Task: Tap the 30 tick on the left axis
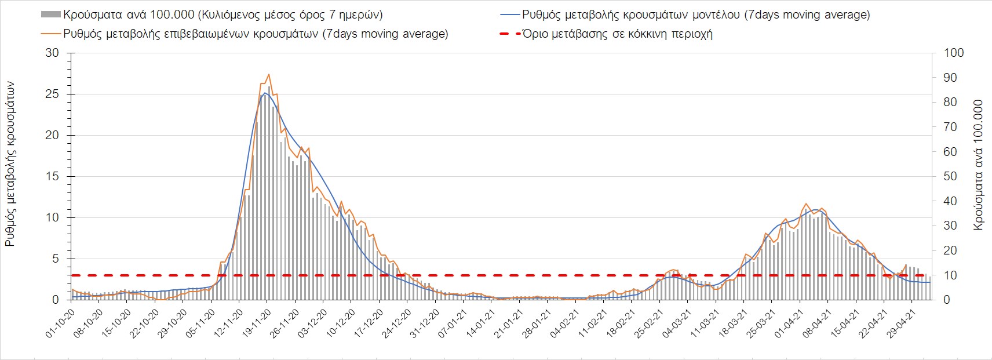53,53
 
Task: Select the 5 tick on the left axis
56,259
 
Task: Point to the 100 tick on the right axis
954,53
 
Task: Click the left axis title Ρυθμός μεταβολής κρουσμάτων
10,164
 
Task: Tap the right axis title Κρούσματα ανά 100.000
978,165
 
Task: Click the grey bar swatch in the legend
51,14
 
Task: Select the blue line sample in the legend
509,14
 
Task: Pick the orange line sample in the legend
51,34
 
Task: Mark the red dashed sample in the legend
509,34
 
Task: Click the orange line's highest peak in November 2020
269,74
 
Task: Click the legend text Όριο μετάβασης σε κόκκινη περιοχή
617,34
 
